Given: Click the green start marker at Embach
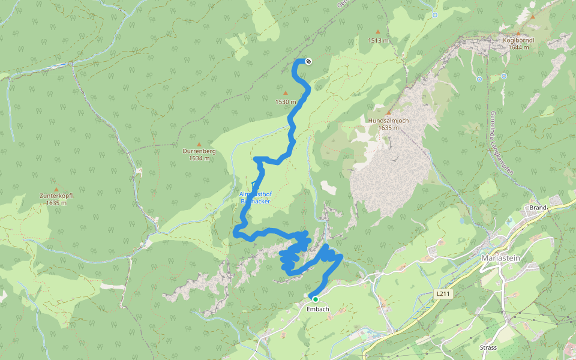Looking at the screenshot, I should point(314,299).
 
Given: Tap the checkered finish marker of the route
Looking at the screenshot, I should point(308,61).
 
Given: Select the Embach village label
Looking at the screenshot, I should point(317,309).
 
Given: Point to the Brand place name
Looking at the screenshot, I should point(537,208).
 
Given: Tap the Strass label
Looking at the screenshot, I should point(488,347).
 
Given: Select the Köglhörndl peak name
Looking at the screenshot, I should point(518,40).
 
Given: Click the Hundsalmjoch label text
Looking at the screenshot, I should point(388,121).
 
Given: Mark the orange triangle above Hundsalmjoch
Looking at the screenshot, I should point(388,112).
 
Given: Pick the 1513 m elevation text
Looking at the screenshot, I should point(379,40).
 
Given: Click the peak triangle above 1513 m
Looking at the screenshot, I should point(378,32).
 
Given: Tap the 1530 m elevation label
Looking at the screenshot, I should point(286,101).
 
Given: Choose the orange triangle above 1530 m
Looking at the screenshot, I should point(286,93).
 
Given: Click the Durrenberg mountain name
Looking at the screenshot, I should point(199,151).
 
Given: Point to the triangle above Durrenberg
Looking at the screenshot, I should point(199,143).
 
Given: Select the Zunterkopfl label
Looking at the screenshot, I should point(56,196).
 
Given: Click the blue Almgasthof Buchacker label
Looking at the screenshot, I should point(255,198).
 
